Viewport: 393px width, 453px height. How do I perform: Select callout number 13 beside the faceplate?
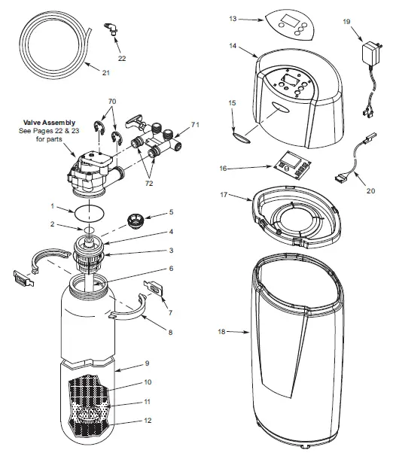(233, 18)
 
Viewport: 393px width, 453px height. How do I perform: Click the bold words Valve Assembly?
(54, 120)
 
